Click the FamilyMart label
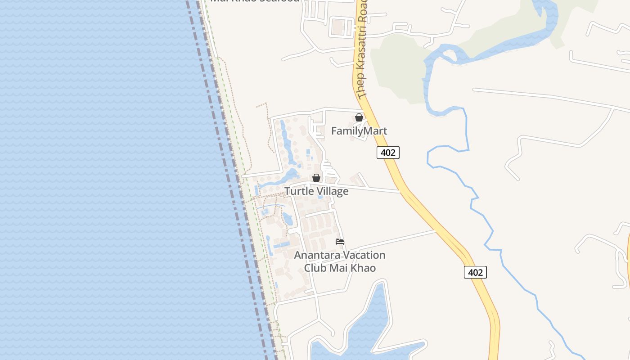359,131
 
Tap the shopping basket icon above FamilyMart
359,117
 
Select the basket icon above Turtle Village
316,178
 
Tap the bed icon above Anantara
340,242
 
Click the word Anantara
317,255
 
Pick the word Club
315,268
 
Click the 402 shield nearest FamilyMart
388,153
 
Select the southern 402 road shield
475,272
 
